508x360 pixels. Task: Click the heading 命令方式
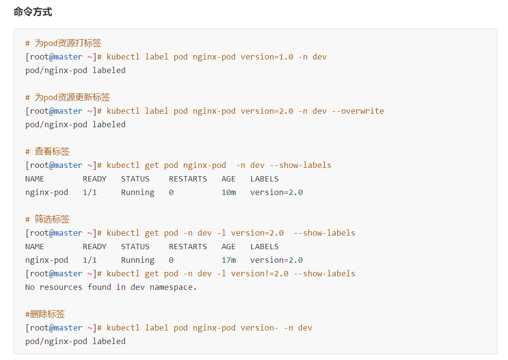pyautogui.click(x=33, y=12)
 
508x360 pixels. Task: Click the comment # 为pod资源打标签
pyautogui.click(x=63, y=43)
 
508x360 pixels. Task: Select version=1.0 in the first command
pyautogui.click(x=267, y=57)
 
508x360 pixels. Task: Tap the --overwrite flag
pyautogui.click(x=358, y=111)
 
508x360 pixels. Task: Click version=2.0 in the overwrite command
pyautogui.click(x=267, y=111)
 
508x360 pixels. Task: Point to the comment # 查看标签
pyautogui.click(x=47, y=151)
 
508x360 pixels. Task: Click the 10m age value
pyautogui.click(x=228, y=192)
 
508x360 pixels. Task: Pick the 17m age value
pyautogui.click(x=228, y=260)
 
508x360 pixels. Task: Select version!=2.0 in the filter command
pyautogui.click(x=259, y=273)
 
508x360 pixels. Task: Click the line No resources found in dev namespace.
pyautogui.click(x=111, y=287)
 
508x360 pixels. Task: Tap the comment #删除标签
pyautogui.click(x=45, y=314)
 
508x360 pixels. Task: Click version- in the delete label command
pyautogui.click(x=259, y=328)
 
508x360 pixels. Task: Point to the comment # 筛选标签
pyautogui.click(x=47, y=219)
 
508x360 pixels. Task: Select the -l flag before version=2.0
pyautogui.click(x=221, y=233)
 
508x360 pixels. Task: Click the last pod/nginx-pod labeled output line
pyautogui.click(x=75, y=341)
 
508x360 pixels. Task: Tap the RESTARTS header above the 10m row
pyautogui.click(x=188, y=179)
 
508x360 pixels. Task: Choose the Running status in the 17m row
pyautogui.click(x=137, y=260)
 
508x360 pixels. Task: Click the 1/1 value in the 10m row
pyautogui.click(x=90, y=192)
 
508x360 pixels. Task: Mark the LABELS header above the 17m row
pyautogui.click(x=264, y=246)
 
